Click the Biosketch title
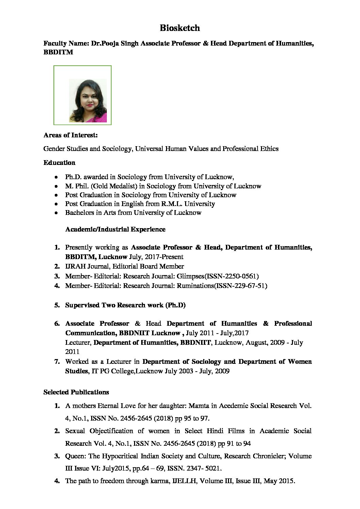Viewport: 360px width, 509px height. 180,28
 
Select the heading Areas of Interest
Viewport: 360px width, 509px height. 70,135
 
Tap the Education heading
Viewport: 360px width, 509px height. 59,163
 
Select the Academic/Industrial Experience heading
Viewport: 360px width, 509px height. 115,229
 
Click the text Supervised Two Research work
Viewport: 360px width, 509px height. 114,305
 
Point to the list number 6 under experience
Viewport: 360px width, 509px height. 57,323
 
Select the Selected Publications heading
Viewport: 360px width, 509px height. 76,392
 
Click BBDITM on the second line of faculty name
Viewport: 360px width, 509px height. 58,52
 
